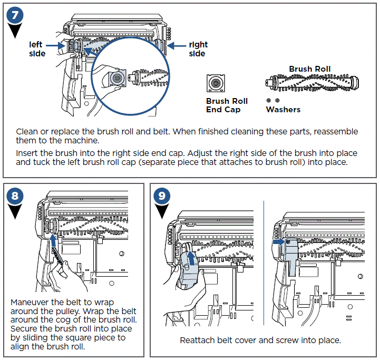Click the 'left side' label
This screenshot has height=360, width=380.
(36, 50)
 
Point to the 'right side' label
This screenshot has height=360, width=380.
(198, 50)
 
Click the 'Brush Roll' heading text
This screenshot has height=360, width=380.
(309, 69)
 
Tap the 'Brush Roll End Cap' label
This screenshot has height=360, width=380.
(227, 105)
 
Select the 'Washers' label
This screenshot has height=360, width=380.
(283, 110)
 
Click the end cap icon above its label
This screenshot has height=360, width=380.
(216, 83)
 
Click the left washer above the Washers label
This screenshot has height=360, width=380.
(269, 100)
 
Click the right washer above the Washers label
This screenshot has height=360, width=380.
(277, 100)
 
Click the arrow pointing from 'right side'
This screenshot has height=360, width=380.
(178, 46)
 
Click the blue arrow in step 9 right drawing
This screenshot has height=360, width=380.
(278, 242)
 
